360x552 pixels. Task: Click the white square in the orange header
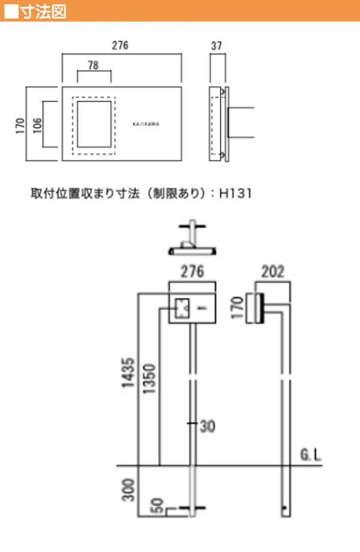click(x=11, y=11)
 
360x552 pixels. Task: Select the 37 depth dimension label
click(x=217, y=46)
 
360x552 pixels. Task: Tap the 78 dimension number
click(x=93, y=65)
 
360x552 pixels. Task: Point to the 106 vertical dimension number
click(x=37, y=125)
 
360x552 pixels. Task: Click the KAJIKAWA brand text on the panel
click(x=146, y=124)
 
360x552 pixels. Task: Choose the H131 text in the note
click(x=235, y=193)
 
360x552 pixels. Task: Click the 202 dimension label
click(x=273, y=271)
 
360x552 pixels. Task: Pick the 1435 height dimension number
click(x=128, y=373)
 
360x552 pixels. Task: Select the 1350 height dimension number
click(x=149, y=379)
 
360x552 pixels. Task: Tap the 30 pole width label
click(x=208, y=427)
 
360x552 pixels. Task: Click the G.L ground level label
click(x=311, y=455)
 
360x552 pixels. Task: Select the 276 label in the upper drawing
click(x=120, y=46)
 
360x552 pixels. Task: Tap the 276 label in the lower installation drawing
click(x=192, y=271)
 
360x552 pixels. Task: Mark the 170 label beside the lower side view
click(x=238, y=307)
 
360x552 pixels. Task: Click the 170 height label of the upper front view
click(x=20, y=125)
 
